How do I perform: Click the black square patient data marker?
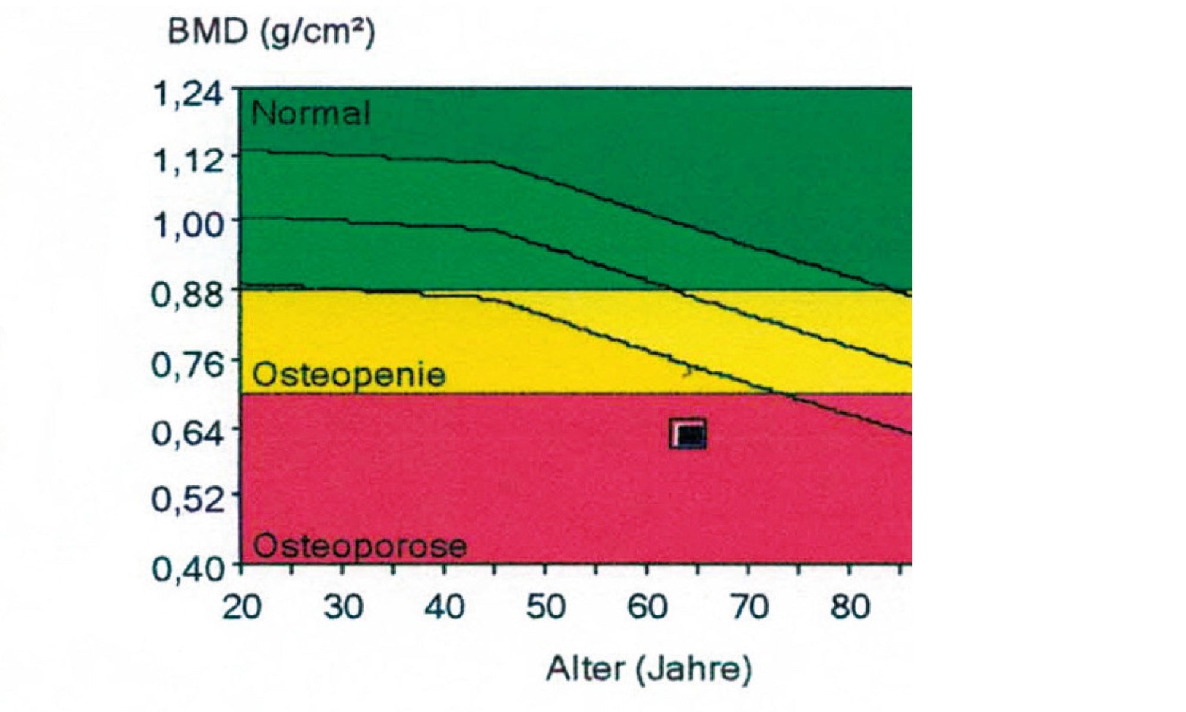(x=688, y=434)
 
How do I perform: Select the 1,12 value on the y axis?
(x=188, y=160)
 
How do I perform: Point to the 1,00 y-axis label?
(x=188, y=225)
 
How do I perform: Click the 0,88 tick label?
(x=188, y=295)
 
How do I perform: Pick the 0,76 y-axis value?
(x=188, y=364)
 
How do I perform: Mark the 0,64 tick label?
(x=188, y=433)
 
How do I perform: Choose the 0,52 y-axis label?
(x=188, y=500)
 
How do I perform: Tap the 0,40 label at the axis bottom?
(x=188, y=570)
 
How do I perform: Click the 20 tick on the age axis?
(x=242, y=608)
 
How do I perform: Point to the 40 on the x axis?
(x=445, y=608)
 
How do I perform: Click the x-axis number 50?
(x=546, y=608)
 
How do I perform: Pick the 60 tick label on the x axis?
(x=648, y=608)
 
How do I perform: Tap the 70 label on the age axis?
(x=750, y=608)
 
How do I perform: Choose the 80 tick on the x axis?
(x=850, y=608)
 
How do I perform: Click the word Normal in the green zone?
(x=311, y=112)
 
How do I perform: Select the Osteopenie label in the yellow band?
(x=349, y=375)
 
